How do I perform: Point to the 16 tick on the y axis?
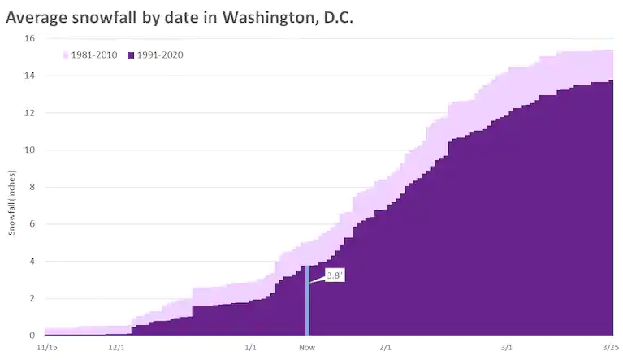[29, 38]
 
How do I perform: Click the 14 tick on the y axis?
[29, 76]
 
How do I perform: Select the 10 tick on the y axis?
[29, 150]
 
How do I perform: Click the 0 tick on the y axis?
[32, 335]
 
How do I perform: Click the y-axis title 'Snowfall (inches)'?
[12, 203]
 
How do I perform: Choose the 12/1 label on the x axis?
[116, 348]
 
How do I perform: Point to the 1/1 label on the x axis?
[251, 348]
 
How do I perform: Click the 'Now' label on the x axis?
[306, 348]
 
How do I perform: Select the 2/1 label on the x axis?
[385, 348]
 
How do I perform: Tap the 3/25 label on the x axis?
[610, 348]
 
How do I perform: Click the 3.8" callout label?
[334, 275]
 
